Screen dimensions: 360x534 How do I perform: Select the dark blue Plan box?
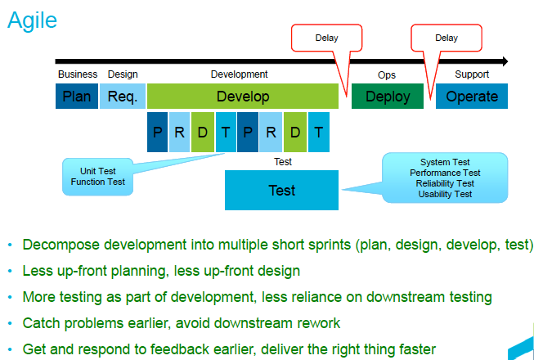coord(77,97)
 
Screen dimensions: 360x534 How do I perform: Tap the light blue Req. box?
coord(123,97)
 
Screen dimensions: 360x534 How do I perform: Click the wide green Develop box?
coord(242,97)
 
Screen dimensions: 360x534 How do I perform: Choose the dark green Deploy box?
coord(388,97)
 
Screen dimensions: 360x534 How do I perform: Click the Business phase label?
coord(78,74)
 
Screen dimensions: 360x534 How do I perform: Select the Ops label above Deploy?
coord(387,74)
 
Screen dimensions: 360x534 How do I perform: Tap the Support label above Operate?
coord(472,74)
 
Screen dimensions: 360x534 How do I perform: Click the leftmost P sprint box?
coord(157,133)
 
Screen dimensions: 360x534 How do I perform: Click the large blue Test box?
coord(281,191)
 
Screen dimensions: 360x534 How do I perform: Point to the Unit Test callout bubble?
coord(97,176)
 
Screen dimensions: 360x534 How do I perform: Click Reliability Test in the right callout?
coord(445,183)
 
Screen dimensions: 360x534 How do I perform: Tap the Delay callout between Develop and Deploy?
coord(326,38)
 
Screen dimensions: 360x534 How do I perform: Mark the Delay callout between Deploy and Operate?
coord(446,38)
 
